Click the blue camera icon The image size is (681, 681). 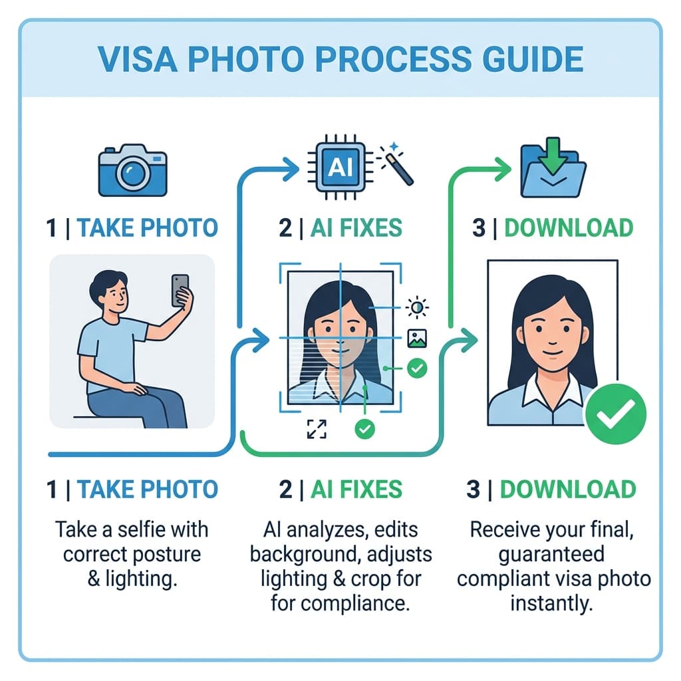(x=132, y=171)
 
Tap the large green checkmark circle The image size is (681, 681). (x=616, y=416)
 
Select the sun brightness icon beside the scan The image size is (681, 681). (x=418, y=307)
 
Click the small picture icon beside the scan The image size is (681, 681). (x=418, y=339)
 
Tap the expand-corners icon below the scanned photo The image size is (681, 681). (x=315, y=430)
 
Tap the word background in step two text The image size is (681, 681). (x=297, y=554)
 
